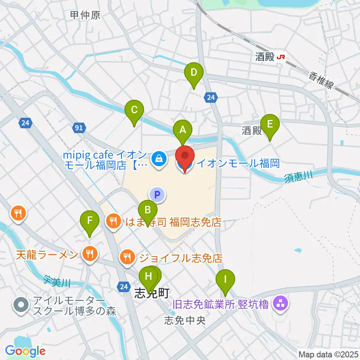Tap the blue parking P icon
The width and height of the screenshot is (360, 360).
157,194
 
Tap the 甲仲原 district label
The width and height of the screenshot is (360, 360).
85,15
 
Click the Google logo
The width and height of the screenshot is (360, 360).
25,351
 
